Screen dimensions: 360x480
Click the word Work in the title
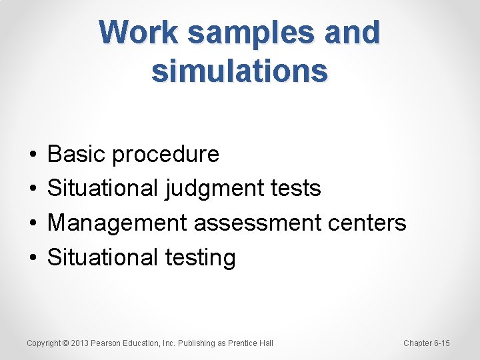[x=138, y=33]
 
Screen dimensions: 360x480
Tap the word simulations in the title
[x=240, y=70]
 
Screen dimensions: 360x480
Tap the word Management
[x=117, y=223]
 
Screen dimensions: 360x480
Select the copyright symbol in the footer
[x=65, y=343]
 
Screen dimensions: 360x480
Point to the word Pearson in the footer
[x=105, y=343]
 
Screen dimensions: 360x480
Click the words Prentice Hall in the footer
[x=251, y=343]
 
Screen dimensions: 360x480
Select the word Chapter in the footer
[x=417, y=343]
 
